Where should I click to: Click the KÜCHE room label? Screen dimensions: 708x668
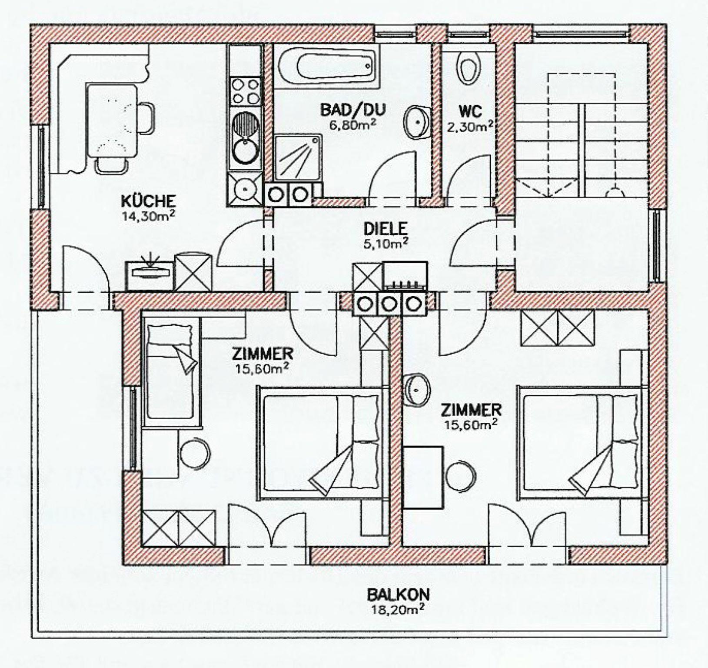pyautogui.click(x=148, y=201)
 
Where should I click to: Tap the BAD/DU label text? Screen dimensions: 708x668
pyautogui.click(x=353, y=109)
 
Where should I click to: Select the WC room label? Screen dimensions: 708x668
pyautogui.click(x=470, y=111)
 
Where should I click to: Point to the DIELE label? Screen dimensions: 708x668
pyautogui.click(x=386, y=228)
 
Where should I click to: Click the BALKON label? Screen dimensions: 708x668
pyautogui.click(x=398, y=594)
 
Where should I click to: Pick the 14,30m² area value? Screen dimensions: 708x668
pyautogui.click(x=148, y=215)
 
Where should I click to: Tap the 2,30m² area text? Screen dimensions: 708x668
pyautogui.click(x=470, y=126)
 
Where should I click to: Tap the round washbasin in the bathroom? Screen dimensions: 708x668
pyautogui.click(x=417, y=121)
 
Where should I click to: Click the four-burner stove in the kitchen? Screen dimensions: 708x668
pyautogui.click(x=246, y=91)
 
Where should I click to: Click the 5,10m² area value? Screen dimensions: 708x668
pyautogui.click(x=386, y=243)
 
